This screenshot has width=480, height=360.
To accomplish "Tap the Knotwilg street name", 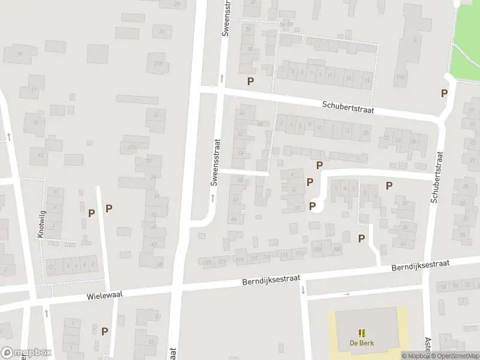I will point(41,224).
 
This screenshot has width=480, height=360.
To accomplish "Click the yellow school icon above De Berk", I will point(361,333).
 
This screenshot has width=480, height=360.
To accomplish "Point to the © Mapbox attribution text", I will point(415,356).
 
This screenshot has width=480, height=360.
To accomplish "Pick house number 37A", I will point(158,63).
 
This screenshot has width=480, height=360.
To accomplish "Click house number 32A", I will point(133,146).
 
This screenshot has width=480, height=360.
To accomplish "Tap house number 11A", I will point(401,77).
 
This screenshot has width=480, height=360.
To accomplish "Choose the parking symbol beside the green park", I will point(444,93).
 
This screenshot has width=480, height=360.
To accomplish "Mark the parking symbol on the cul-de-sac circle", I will point(312,206).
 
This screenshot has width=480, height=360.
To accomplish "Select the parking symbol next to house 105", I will point(361,238).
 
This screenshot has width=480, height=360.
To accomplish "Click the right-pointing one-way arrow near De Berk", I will point(347,294).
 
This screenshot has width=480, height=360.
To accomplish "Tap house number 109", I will point(317,248).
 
